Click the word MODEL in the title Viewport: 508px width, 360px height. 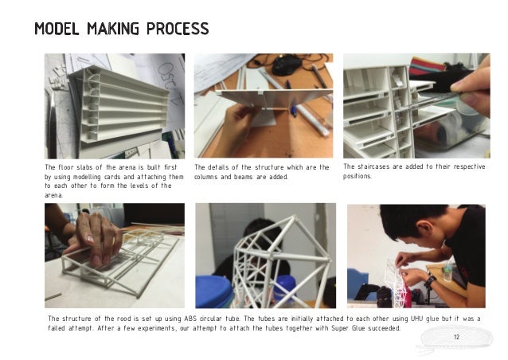57,29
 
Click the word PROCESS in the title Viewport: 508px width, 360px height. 178,29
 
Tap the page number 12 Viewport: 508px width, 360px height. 456,337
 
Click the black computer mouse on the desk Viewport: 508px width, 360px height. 287,65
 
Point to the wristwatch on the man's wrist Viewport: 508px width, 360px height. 430,282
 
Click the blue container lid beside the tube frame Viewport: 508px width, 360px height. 214,292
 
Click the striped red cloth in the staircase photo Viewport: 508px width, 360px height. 427,66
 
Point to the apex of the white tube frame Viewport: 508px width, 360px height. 294,216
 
